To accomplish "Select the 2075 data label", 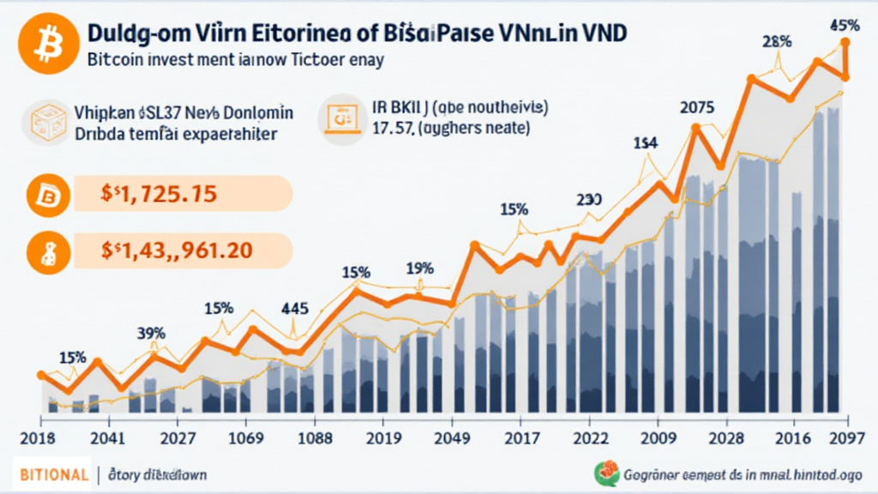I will click(697, 108).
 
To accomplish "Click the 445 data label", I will click(296, 309).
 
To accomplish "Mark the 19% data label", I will click(420, 268).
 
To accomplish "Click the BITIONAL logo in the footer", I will click(51, 474).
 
